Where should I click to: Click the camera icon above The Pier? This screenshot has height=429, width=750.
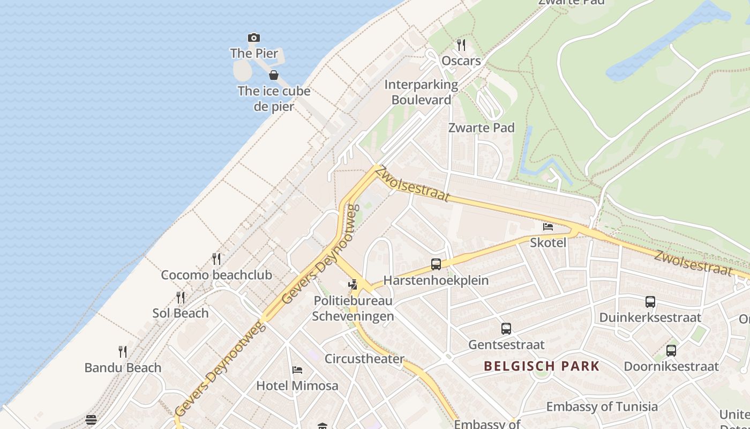[x=254, y=38]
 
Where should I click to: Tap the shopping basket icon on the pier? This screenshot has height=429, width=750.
[x=274, y=75]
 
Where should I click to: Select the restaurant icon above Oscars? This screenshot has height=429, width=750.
[x=461, y=45]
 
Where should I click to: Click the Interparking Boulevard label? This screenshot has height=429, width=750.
[x=421, y=92]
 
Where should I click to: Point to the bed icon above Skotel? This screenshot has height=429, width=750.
[x=548, y=227]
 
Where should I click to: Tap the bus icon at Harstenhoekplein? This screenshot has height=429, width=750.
[x=436, y=264]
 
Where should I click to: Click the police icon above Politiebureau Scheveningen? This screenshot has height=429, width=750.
[x=352, y=285]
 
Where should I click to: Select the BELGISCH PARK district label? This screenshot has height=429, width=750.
[x=542, y=366]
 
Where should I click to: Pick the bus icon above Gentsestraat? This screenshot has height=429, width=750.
[x=506, y=329]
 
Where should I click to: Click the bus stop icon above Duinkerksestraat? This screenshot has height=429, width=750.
[x=650, y=302]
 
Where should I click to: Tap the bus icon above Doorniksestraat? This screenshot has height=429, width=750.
[x=671, y=351]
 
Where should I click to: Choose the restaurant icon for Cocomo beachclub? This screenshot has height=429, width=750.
[x=216, y=259]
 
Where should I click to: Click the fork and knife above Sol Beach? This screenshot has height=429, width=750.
[x=181, y=298]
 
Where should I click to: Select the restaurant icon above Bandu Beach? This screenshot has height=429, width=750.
[x=123, y=352]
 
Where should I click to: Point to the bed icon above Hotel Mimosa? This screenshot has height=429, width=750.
[x=297, y=370]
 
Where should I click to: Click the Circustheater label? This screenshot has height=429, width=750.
[x=364, y=359]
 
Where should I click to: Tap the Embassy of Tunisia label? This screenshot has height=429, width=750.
[x=602, y=406]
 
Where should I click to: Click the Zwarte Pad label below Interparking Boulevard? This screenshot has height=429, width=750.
[x=481, y=128]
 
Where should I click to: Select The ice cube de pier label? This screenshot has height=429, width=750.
[x=274, y=99]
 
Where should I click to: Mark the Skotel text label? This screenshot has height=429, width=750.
[x=548, y=242]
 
